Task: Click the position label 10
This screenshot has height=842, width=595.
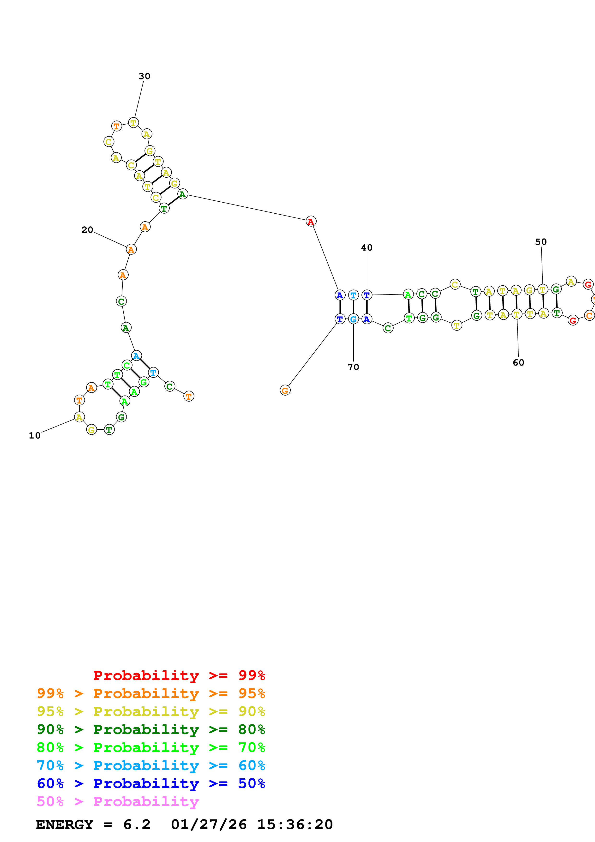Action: (35, 436)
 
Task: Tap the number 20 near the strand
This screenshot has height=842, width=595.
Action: (87, 230)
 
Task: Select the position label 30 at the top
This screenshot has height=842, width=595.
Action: (144, 76)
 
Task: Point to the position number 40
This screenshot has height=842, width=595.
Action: (367, 248)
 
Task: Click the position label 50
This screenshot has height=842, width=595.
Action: (541, 242)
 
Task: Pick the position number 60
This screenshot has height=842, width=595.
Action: (518, 363)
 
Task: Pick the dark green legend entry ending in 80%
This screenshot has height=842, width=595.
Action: (151, 730)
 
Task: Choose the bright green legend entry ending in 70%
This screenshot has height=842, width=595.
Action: (151, 748)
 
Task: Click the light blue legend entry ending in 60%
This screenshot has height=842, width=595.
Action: (151, 766)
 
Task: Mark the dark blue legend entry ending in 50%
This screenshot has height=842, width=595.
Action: (151, 784)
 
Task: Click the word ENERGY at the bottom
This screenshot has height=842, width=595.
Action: (65, 825)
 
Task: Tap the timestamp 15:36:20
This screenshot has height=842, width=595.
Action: (295, 825)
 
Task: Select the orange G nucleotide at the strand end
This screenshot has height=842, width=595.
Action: (285, 390)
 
